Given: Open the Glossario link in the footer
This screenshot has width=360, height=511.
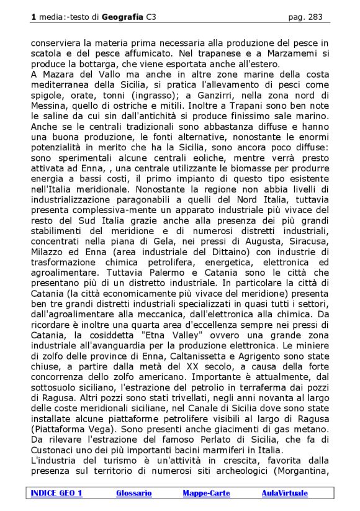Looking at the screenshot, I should pos(133,493).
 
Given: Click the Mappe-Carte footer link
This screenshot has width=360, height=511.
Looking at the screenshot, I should pos(206,493).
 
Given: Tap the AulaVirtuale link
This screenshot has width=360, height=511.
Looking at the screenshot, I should pos(285,493).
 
